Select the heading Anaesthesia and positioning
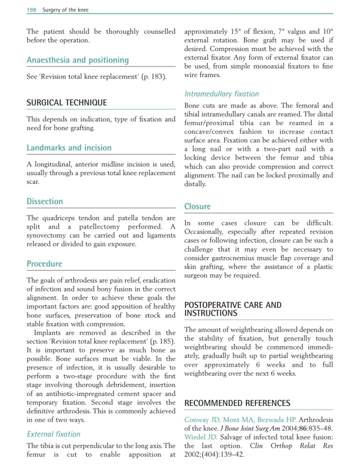coord(77,60)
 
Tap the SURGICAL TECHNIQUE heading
coord(67,103)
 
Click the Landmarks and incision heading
coord(69,148)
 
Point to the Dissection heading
coord(45,202)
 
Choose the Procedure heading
coord(44,264)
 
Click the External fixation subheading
coord(53,434)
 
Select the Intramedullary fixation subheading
coord(221,94)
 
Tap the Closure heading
coord(197,207)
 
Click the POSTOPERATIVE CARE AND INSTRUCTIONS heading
coord(233,309)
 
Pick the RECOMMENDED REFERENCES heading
coord(237,403)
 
